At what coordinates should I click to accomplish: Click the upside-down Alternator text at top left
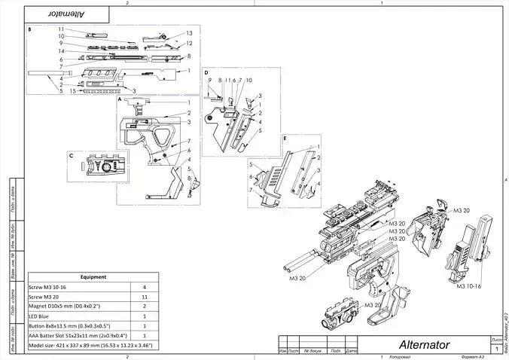pos(71,14)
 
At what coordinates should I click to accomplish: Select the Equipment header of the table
pos(93,276)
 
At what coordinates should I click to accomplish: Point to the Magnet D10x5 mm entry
pos(68,307)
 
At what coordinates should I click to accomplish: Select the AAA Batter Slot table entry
pos(78,335)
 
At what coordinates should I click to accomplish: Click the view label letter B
pos(29,30)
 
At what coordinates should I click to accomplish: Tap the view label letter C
pos(71,156)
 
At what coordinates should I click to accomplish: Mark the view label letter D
pos(206,73)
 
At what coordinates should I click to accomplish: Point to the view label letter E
pos(285,139)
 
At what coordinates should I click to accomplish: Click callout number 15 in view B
pos(72,91)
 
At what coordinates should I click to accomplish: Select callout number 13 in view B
pos(189,33)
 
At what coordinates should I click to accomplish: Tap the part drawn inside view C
pos(101,165)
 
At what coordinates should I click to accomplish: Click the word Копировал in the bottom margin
pos(400,355)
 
